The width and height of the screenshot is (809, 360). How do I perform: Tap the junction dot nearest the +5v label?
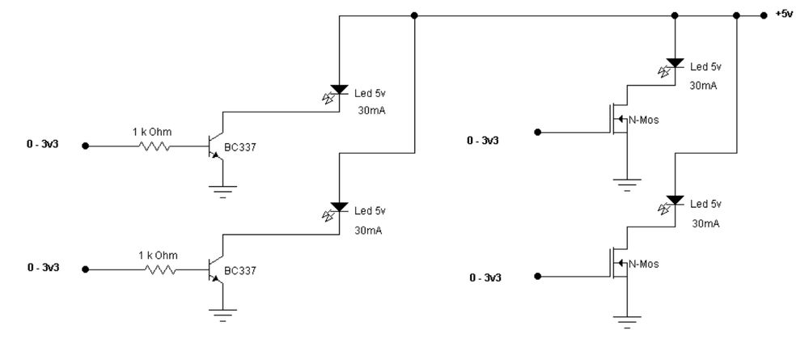(764, 15)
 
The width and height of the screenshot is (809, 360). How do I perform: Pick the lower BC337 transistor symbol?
(214, 270)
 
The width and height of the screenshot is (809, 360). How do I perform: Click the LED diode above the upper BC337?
(340, 89)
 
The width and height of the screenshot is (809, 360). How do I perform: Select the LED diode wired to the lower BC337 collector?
(340, 208)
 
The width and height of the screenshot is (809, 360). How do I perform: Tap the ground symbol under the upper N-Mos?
(627, 183)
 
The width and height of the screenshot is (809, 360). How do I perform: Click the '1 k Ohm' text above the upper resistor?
(151, 130)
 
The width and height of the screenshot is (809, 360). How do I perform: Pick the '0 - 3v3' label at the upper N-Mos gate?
(483, 141)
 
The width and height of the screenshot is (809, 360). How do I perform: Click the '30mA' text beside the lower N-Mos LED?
(705, 222)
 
